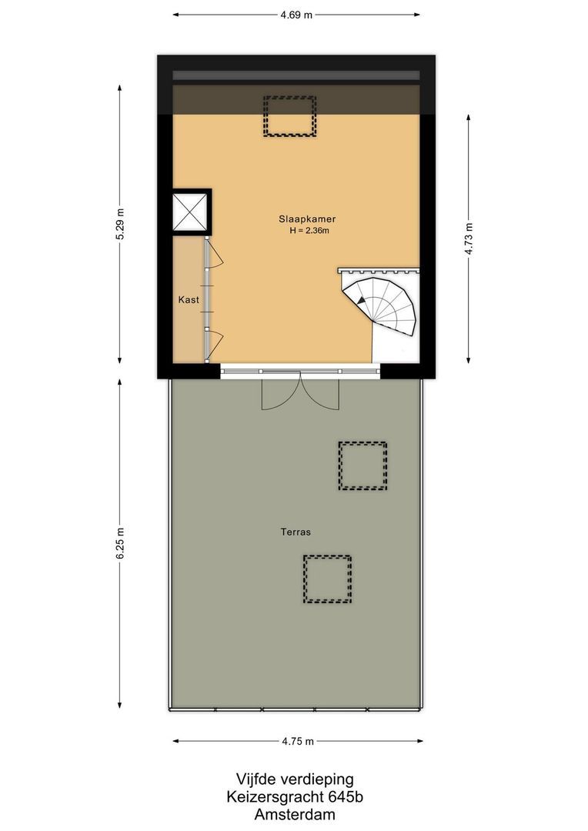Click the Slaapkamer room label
(x=307, y=219)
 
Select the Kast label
(x=189, y=299)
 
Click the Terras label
(x=295, y=532)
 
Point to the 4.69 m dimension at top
(x=297, y=15)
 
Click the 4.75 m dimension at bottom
(x=297, y=742)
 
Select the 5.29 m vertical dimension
(x=119, y=225)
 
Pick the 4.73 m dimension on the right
(x=469, y=239)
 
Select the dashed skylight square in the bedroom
(x=290, y=116)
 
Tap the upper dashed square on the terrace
(x=362, y=466)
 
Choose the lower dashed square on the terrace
(x=326, y=579)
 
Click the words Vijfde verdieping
(x=295, y=779)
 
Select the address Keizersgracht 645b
(x=295, y=797)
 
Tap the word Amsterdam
(x=295, y=815)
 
